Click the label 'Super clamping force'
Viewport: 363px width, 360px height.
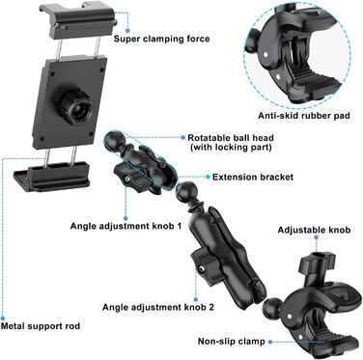pos(161,40)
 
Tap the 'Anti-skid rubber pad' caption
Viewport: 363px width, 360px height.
pos(304,116)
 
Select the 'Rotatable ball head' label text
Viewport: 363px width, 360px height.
pos(231,138)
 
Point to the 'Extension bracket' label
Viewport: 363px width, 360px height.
pos(253,177)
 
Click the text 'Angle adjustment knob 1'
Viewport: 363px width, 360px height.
pos(126,226)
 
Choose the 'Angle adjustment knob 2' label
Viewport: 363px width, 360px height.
pos(158,307)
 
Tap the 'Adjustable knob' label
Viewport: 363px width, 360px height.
pos(314,230)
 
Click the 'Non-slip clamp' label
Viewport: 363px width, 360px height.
pos(232,342)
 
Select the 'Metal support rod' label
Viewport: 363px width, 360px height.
pos(41,326)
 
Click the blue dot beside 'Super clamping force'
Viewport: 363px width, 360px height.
pos(127,30)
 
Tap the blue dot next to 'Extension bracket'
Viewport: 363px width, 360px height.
pos(208,177)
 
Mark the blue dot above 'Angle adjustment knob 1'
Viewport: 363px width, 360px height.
pos(126,218)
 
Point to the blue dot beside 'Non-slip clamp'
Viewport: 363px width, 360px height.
pos(270,342)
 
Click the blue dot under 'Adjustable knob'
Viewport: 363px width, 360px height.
pos(316,237)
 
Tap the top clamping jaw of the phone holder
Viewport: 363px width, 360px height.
pos(77,20)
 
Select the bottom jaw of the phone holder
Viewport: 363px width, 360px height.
pos(52,178)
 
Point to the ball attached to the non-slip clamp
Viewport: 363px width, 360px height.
pos(273,306)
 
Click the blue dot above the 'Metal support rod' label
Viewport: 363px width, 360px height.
pos(3,317)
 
